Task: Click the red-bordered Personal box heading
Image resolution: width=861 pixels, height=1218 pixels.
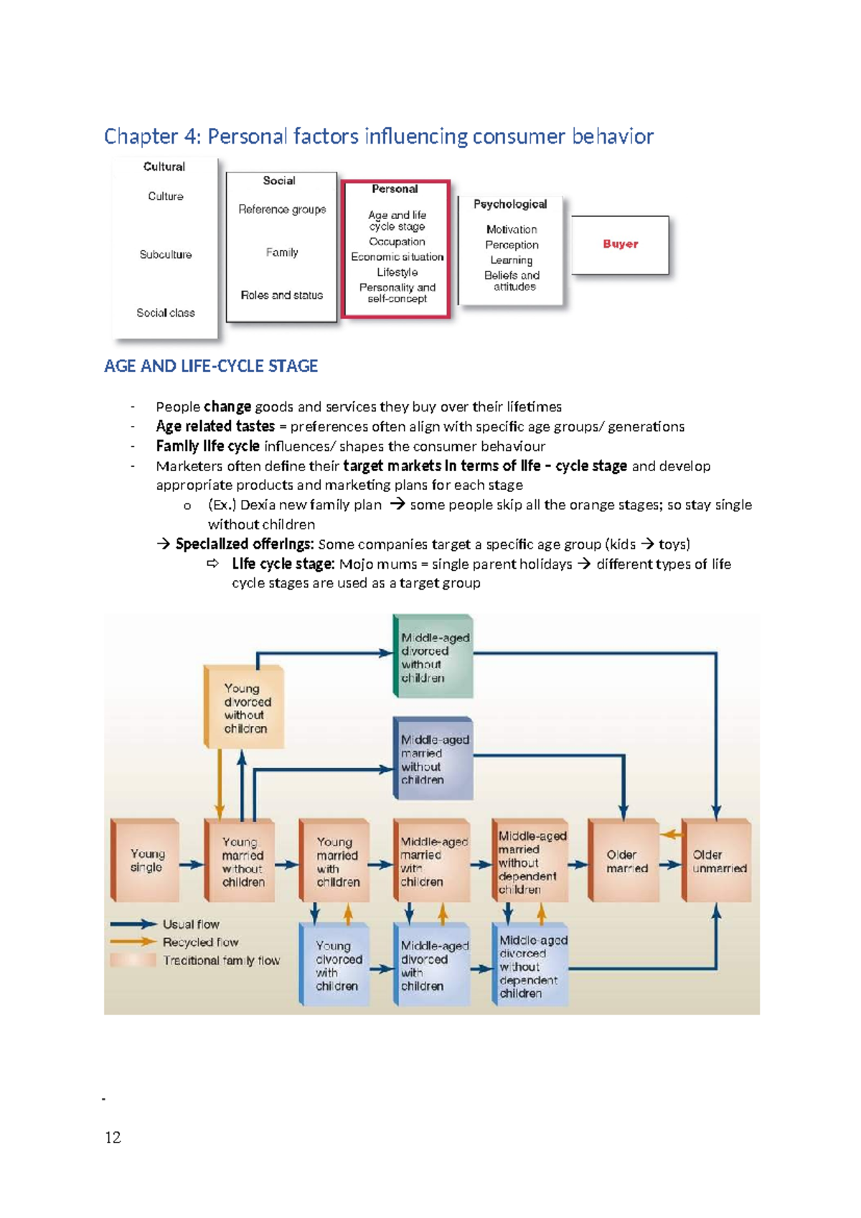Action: pyautogui.click(x=395, y=189)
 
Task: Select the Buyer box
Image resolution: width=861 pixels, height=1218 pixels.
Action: pyautogui.click(x=621, y=244)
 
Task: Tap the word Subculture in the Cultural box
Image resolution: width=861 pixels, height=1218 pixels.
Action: pyautogui.click(x=166, y=254)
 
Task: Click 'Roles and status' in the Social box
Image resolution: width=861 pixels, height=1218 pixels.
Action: pyautogui.click(x=282, y=295)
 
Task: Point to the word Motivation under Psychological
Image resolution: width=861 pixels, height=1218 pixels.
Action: pyautogui.click(x=512, y=229)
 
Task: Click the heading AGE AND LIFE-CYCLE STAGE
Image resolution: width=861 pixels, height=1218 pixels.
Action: pyautogui.click(x=211, y=366)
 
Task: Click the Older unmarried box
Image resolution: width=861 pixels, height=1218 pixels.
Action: pyautogui.click(x=717, y=860)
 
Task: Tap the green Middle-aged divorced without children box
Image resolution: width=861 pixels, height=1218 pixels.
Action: pyautogui.click(x=433, y=656)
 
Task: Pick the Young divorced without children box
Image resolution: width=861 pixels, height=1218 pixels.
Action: pyautogui.click(x=245, y=707)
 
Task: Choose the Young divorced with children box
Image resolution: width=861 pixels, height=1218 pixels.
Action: pyautogui.click(x=336, y=964)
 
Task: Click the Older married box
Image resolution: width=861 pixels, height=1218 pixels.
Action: pyautogui.click(x=624, y=860)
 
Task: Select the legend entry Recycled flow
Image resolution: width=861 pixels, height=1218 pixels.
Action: pyautogui.click(x=200, y=942)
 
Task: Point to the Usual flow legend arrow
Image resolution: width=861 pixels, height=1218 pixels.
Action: pyautogui.click(x=133, y=924)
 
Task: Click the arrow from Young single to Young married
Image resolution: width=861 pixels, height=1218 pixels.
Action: pyautogui.click(x=192, y=865)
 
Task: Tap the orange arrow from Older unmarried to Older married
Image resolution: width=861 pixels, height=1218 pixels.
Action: pyautogui.click(x=671, y=835)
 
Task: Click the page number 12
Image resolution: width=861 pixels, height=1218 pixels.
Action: pyautogui.click(x=113, y=1137)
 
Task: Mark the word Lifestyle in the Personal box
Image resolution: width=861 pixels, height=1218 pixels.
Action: pyautogui.click(x=397, y=272)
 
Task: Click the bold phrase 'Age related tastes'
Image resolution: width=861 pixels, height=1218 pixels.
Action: pyautogui.click(x=215, y=427)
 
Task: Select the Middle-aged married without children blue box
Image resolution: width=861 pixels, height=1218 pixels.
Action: pyautogui.click(x=433, y=758)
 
